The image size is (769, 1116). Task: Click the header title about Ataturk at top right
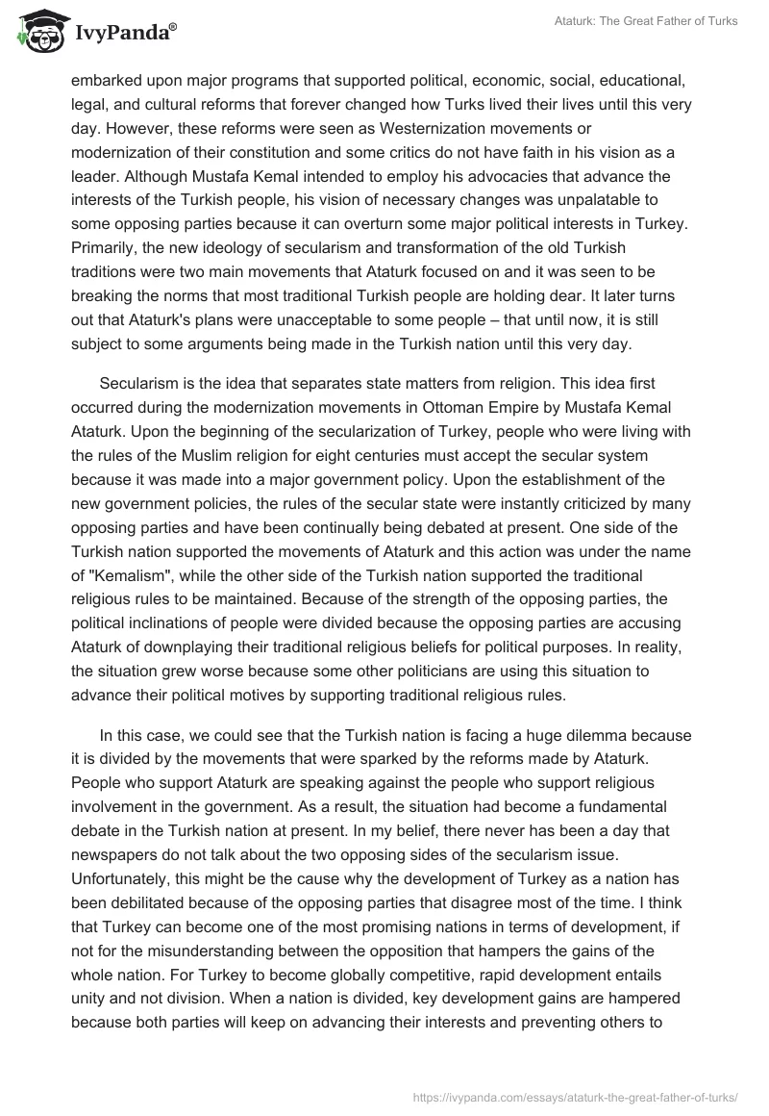pos(646,21)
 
